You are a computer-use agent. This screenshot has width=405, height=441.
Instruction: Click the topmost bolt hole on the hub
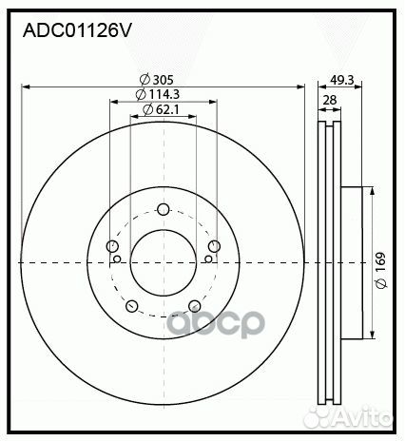(x=163, y=210)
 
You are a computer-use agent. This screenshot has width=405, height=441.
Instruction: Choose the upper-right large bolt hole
(x=214, y=248)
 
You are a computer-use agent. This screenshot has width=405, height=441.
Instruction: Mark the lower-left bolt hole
(x=132, y=306)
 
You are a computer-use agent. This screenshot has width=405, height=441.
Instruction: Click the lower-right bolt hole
(x=194, y=306)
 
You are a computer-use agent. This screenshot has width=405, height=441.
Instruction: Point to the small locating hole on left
(x=117, y=259)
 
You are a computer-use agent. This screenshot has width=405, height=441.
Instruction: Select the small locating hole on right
(x=208, y=259)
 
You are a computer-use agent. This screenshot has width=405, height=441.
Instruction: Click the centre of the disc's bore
(x=163, y=263)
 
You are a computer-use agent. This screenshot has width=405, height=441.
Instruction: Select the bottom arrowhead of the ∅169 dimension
(x=370, y=335)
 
